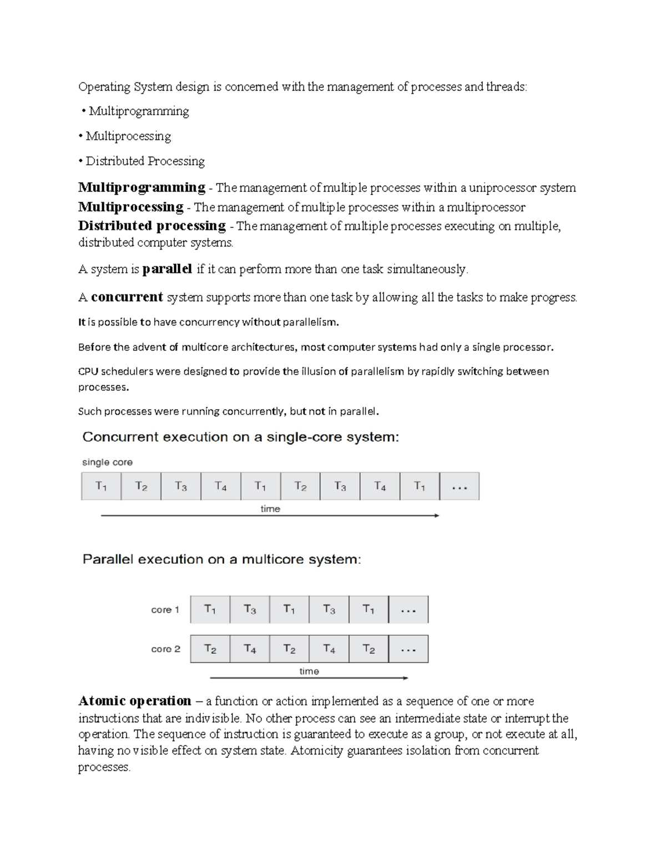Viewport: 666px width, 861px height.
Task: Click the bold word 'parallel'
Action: point(167,269)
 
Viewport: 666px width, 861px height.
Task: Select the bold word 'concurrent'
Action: point(127,297)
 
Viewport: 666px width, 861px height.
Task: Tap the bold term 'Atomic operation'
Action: point(135,701)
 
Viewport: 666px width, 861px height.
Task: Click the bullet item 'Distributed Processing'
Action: point(145,161)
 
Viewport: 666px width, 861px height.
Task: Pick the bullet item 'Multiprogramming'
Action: point(139,111)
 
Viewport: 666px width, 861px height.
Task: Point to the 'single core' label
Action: point(107,462)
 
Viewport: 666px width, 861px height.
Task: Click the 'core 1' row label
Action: point(165,610)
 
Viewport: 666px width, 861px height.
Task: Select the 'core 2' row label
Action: point(165,649)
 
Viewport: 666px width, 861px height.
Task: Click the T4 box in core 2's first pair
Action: point(250,649)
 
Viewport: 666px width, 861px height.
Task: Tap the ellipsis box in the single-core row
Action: point(459,487)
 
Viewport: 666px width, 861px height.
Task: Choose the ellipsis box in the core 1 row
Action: point(408,610)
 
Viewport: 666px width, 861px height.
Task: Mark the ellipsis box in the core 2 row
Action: point(408,649)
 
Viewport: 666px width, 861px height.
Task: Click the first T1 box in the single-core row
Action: point(101,487)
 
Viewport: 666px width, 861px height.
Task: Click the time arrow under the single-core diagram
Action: point(270,516)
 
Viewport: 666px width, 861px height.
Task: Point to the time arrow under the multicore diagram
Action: point(309,677)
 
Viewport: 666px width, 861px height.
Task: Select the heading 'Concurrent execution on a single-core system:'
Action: point(240,437)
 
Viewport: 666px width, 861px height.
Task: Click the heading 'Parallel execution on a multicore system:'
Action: point(221,559)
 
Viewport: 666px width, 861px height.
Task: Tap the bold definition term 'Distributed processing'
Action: point(152,226)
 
